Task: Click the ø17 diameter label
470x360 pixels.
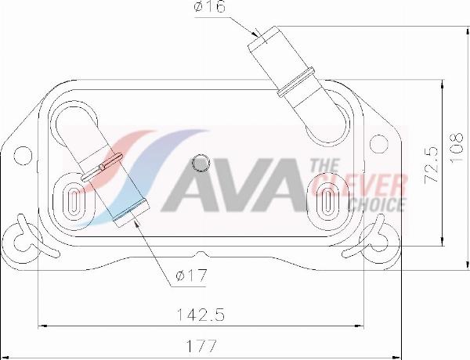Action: pyautogui.click(x=191, y=275)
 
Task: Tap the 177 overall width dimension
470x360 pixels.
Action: pyautogui.click(x=202, y=345)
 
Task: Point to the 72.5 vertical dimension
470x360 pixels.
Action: pyautogui.click(x=429, y=164)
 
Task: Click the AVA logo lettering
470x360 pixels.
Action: pyautogui.click(x=235, y=188)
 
